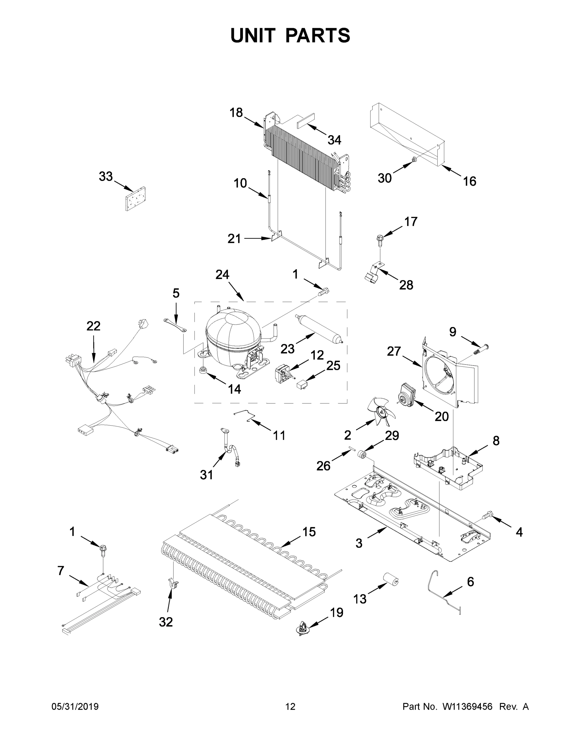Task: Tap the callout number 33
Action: [105, 176]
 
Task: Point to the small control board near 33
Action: [135, 198]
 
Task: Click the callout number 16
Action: [469, 181]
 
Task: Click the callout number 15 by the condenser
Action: [309, 532]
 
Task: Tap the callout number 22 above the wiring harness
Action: [93, 326]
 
